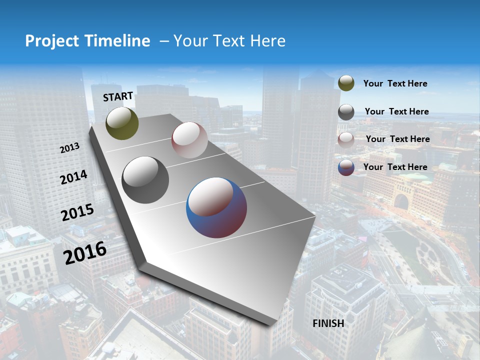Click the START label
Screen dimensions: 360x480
click(x=118, y=96)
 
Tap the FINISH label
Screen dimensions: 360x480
click(x=328, y=323)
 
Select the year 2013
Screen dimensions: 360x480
click(x=70, y=148)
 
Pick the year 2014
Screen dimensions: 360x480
click(x=73, y=177)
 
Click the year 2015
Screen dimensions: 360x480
click(x=77, y=212)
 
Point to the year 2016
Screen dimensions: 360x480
click(x=85, y=253)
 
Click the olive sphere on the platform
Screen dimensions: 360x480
click(x=122, y=123)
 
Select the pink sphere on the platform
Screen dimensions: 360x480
click(x=189, y=139)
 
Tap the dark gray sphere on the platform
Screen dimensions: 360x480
click(x=145, y=180)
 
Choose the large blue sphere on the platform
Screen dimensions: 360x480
click(x=216, y=207)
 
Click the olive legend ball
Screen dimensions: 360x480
click(x=346, y=83)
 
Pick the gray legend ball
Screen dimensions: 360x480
click(x=346, y=112)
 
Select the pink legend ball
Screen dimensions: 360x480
click(x=346, y=140)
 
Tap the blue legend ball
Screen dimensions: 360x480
click(x=346, y=167)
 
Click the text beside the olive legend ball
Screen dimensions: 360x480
click(x=395, y=84)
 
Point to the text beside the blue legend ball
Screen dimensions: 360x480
click(x=395, y=167)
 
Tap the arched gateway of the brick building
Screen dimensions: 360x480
click(x=400, y=202)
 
